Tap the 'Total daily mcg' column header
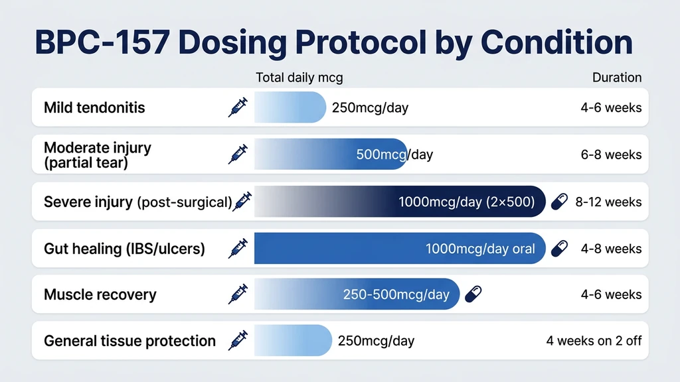pos(299,78)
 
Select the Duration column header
pos(617,78)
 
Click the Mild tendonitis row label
pos(94,107)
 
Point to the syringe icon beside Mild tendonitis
pos(238,107)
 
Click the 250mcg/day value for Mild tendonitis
pos(370,107)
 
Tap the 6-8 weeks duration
pos(611,155)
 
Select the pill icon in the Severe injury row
pos(560,201)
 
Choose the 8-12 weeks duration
pos(608,202)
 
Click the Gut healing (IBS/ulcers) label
pos(124,249)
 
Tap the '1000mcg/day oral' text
pos(480,249)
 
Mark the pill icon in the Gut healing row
pos(560,249)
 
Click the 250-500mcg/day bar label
pos(396,294)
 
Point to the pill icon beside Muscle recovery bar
pos(473,294)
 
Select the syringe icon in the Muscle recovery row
pos(238,294)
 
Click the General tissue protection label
pos(129,341)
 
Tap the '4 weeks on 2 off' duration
pos(594,341)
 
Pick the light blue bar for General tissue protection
pos(292,341)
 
